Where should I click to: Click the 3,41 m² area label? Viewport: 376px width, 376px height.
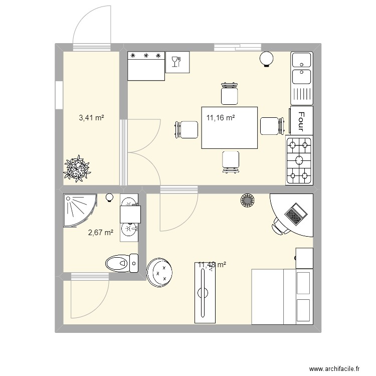[x=91, y=118]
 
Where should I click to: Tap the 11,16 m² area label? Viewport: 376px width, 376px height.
[x=221, y=118]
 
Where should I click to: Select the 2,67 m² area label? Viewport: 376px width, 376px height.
[x=100, y=232]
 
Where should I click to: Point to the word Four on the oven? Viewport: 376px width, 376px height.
[x=301, y=121]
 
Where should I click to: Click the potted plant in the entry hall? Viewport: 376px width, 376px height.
[x=78, y=168]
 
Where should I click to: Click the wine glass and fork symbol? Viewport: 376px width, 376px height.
[x=177, y=62]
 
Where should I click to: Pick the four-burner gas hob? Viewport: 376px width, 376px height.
[x=299, y=160]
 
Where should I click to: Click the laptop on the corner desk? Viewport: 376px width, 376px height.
[x=295, y=213]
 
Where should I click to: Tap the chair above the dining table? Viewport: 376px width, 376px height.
[x=230, y=93]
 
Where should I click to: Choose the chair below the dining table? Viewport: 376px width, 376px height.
[x=231, y=161]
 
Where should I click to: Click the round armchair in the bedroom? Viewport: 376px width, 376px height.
[x=160, y=272]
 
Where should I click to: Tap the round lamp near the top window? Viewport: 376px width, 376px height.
[x=266, y=60]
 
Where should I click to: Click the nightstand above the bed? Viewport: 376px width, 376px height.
[x=304, y=258]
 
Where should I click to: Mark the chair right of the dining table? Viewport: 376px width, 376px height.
[x=272, y=126]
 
